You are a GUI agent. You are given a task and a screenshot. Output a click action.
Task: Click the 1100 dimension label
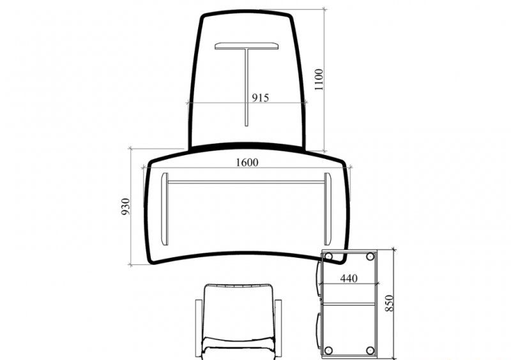[319, 80]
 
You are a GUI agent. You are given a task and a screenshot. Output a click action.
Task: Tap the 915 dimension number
[261, 98]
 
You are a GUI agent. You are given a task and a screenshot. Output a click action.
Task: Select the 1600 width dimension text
[247, 162]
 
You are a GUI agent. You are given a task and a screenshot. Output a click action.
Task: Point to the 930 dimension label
[125, 207]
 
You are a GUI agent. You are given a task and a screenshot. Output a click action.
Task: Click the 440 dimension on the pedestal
[349, 278]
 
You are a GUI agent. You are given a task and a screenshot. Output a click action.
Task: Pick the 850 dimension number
[390, 303]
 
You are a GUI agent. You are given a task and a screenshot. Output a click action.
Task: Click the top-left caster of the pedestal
[328, 257]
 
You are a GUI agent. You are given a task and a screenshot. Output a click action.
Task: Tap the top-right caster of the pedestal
[370, 257]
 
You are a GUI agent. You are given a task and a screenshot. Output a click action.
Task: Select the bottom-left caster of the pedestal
[328, 350]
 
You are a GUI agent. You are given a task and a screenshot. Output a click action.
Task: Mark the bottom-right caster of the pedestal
[370, 350]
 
